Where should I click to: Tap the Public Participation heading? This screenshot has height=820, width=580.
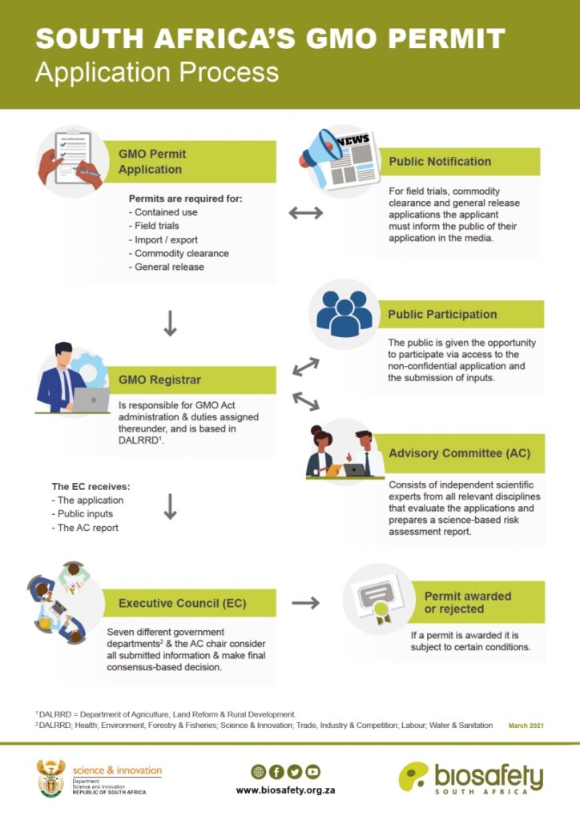pyautogui.click(x=442, y=314)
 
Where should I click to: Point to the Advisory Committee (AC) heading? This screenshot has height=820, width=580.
pyautogui.click(x=459, y=453)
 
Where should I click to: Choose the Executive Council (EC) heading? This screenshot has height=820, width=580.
pyautogui.click(x=182, y=603)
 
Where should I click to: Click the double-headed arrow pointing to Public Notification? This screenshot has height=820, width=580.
pyautogui.click(x=305, y=212)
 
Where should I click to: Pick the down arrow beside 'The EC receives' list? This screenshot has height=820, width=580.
pyautogui.click(x=170, y=506)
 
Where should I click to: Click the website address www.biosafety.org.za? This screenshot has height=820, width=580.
pyautogui.click(x=285, y=790)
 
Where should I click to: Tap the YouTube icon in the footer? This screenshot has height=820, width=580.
pyautogui.click(x=312, y=772)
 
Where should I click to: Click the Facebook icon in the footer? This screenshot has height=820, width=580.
pyautogui.click(x=276, y=772)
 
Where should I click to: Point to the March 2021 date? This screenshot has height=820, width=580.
pyautogui.click(x=526, y=726)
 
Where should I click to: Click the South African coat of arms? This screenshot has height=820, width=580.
pyautogui.click(x=50, y=778)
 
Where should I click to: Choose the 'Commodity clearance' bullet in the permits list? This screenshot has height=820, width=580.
pyautogui.click(x=181, y=253)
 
